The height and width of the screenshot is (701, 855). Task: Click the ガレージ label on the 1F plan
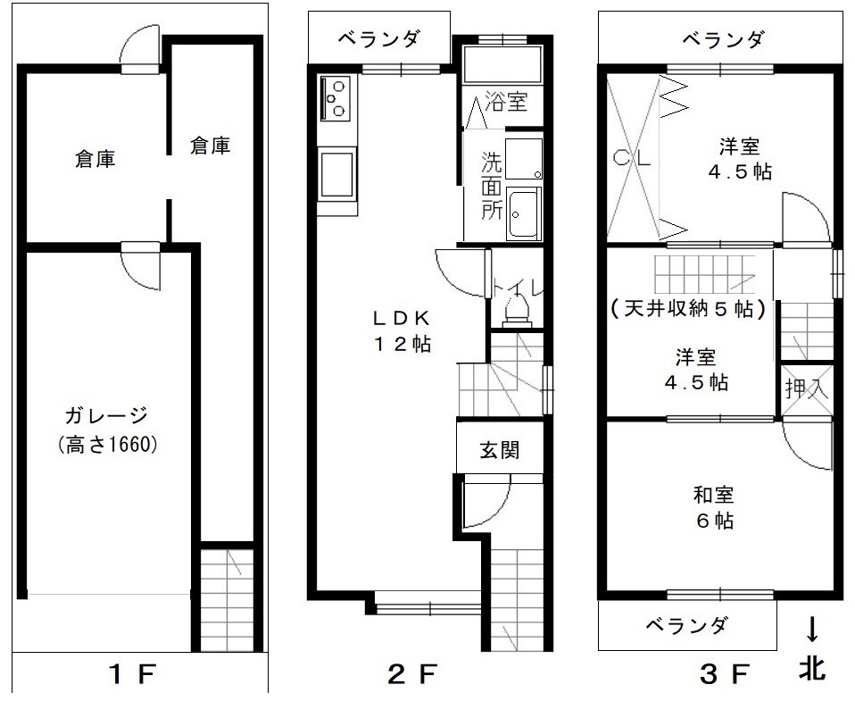pos(106,416)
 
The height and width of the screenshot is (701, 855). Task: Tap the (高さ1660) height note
pos(107,445)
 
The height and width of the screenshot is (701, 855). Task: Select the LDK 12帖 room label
pos(402,330)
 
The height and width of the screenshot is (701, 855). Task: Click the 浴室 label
pos(507,102)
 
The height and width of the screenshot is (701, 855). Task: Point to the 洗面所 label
pos(491,186)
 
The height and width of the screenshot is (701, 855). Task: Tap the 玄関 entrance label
pos(500,450)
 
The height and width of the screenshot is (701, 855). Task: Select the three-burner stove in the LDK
pos(336,98)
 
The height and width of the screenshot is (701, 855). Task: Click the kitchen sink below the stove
pos(337,174)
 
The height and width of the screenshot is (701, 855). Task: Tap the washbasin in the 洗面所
pos(524,213)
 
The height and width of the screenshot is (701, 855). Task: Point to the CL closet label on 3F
pos(632,158)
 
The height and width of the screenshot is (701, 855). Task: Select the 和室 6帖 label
pos(714,508)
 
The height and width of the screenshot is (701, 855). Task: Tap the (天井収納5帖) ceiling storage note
pos(688,309)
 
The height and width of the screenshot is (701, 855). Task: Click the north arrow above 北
pos(812,629)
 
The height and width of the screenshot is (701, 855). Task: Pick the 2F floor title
pos(412,675)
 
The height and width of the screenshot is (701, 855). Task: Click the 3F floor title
pos(725,675)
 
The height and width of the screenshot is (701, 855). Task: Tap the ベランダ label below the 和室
pos(686,625)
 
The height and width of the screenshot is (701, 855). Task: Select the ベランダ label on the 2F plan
pos(379,38)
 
